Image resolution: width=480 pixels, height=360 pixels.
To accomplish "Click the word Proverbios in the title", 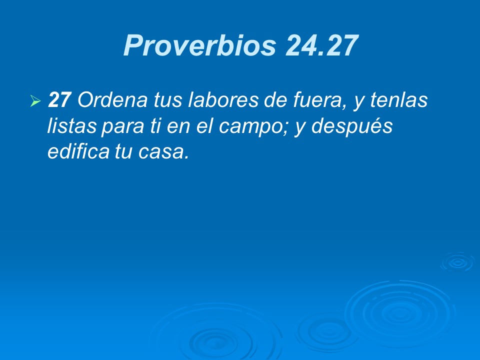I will click(199, 46).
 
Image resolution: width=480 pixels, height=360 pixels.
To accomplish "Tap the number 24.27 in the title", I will click(322, 46).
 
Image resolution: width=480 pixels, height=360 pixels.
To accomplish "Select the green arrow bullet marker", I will click(34, 102).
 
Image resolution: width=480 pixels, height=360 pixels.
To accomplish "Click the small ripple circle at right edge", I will click(457, 261).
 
